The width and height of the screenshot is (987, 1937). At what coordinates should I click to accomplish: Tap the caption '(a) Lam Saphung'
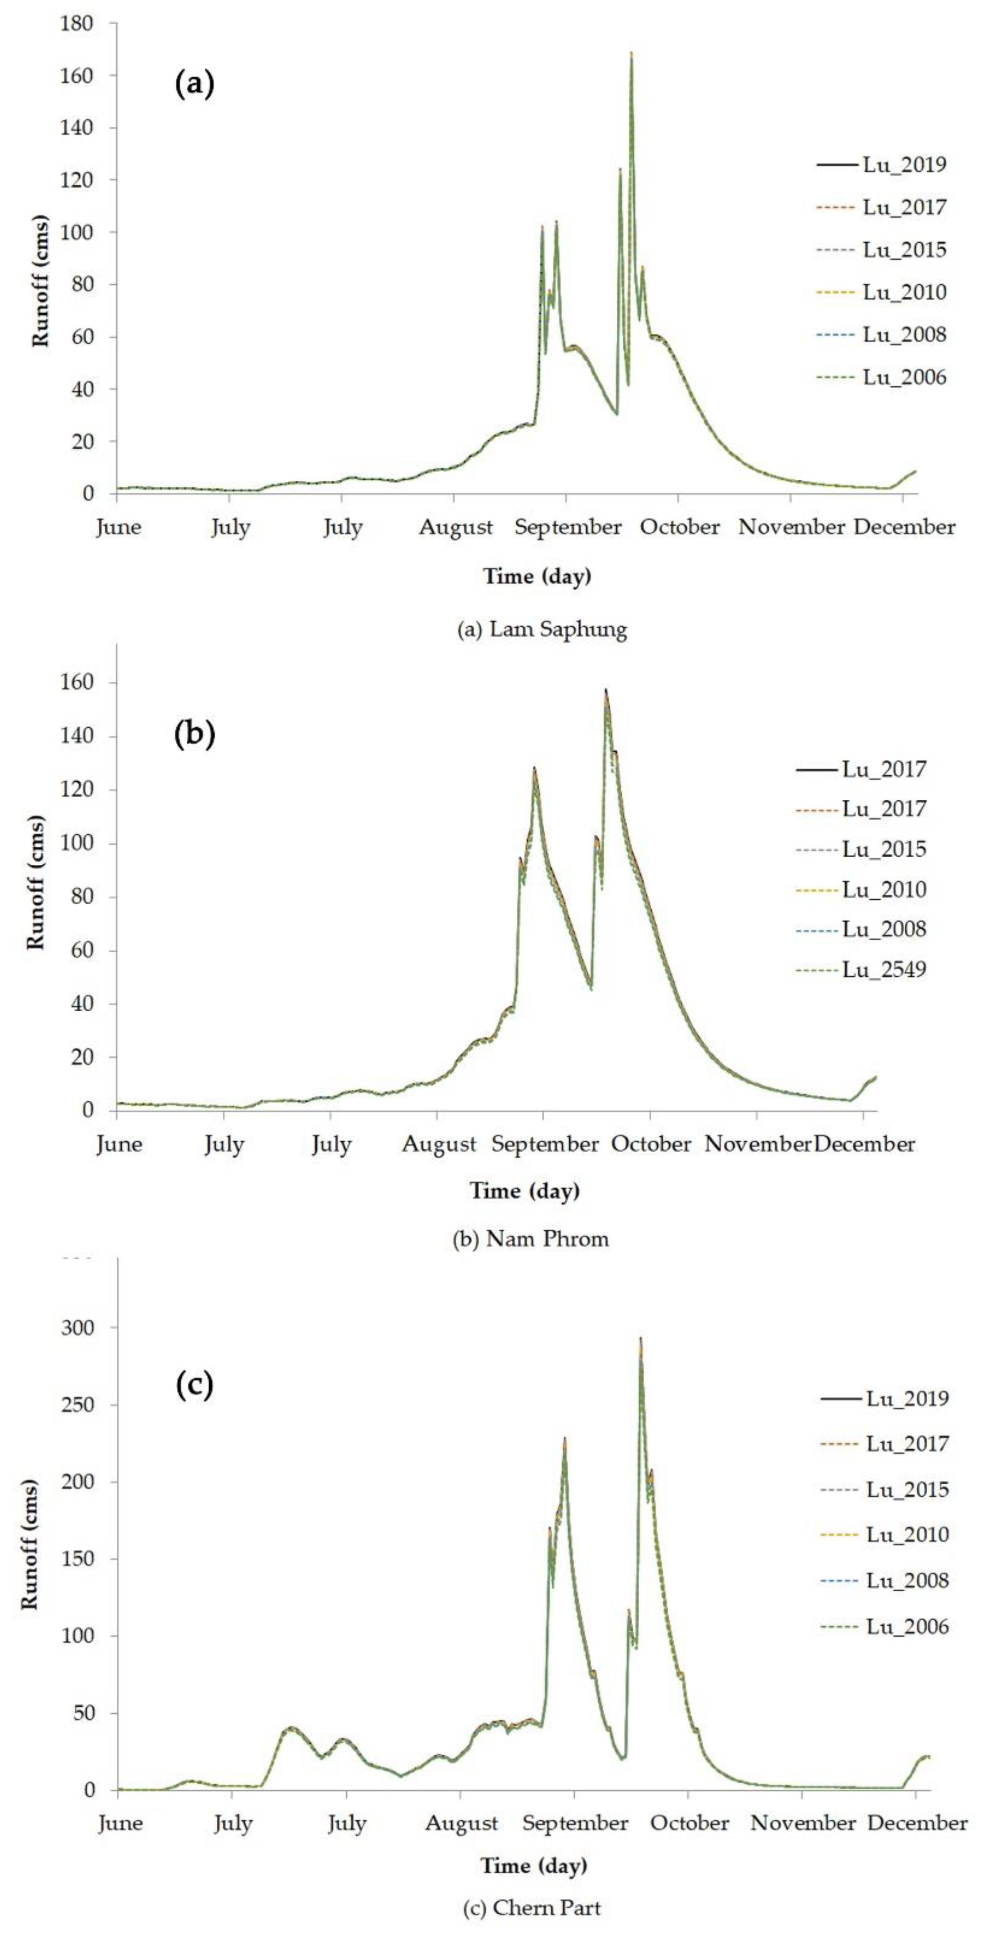[542, 629]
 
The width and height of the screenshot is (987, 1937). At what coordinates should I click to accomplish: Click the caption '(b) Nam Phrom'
[530, 1238]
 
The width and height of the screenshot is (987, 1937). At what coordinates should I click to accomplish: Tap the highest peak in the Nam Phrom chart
[606, 690]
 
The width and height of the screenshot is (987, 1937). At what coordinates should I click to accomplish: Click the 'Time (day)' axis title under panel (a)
[537, 577]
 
